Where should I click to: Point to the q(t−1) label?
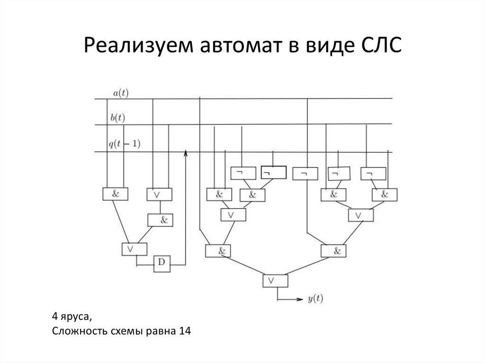tap(124, 144)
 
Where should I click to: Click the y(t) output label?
tap(315, 299)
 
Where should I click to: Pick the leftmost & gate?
tap(115, 194)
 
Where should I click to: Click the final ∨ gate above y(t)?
tap(275, 281)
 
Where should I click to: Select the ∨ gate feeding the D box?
tap(134, 248)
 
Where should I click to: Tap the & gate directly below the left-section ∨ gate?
tap(160, 220)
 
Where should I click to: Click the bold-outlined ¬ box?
tap(273, 173)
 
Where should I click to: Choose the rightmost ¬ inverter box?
tap(373, 174)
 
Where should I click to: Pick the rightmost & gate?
tap(384, 195)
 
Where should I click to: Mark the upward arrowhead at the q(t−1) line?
tap(185, 153)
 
